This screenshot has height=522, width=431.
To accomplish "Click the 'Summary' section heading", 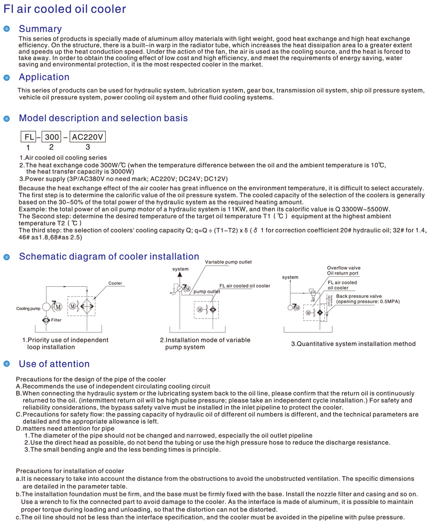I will pyautogui.click(x=40, y=29).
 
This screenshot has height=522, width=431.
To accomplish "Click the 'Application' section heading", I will pyautogui.click(x=44, y=77).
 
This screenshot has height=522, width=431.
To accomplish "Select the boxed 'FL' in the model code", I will pyautogui.click(x=29, y=137).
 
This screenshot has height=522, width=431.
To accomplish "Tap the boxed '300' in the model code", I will pyautogui.click(x=51, y=137).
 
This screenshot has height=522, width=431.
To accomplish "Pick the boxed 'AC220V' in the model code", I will pyautogui.click(x=88, y=137).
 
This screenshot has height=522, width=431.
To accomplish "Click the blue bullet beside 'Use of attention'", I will pyautogui.click(x=7, y=364).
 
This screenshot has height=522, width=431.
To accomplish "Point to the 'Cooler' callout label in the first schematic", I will pyautogui.click(x=115, y=284).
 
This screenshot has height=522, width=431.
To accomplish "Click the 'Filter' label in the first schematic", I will pyautogui.click(x=57, y=320).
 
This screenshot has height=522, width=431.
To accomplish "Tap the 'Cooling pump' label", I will pyautogui.click(x=28, y=309).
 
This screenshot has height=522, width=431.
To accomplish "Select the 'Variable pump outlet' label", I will pyautogui.click(x=228, y=262).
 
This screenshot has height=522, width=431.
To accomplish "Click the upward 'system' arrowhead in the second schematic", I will pyautogui.click(x=181, y=275).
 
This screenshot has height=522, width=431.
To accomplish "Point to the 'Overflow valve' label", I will pyautogui.click(x=344, y=268).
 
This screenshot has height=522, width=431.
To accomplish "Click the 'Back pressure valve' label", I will pyautogui.click(x=359, y=296).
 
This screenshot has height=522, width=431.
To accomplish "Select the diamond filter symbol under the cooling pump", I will pyautogui.click(x=45, y=320).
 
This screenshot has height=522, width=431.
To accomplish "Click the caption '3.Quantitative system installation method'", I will pyautogui.click(x=353, y=344).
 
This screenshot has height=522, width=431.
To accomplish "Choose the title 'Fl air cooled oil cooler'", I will pyautogui.click(x=65, y=9).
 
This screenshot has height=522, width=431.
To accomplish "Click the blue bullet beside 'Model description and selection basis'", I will pyautogui.click(x=7, y=118).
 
